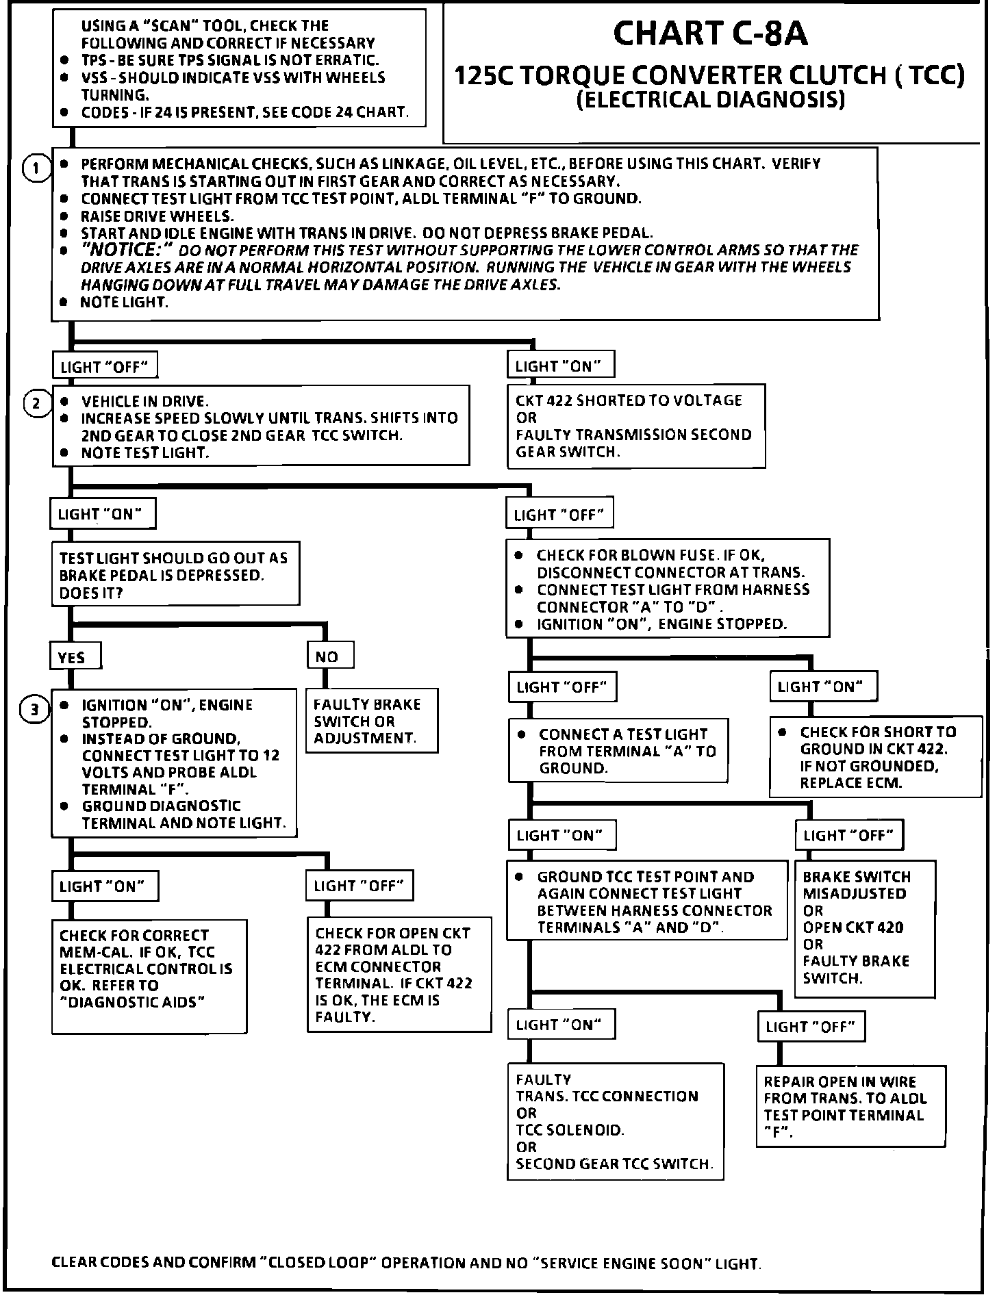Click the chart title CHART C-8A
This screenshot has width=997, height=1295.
pyautogui.click(x=710, y=34)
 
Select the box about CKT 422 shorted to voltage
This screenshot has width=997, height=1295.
pyautogui.click(x=635, y=426)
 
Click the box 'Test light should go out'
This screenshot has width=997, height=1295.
pyautogui.click(x=175, y=575)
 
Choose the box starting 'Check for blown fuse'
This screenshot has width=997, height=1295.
pyautogui.click(x=667, y=589)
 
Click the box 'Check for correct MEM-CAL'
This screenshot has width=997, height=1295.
pyautogui.click(x=149, y=975)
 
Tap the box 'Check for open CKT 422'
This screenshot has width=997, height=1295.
pyautogui.click(x=399, y=974)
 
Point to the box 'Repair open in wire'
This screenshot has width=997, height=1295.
pyautogui.click(x=850, y=1106)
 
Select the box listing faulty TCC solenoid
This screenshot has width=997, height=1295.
pyautogui.click(x=614, y=1120)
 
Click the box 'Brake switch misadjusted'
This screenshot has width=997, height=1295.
pyautogui.click(x=864, y=927)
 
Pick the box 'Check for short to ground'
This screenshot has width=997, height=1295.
pyautogui.click(x=874, y=756)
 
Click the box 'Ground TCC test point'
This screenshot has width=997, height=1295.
pyautogui.click(x=646, y=901)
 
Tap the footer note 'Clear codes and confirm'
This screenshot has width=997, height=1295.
pyautogui.click(x=406, y=1263)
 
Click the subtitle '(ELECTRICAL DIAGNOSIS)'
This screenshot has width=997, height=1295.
pyautogui.click(x=710, y=100)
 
